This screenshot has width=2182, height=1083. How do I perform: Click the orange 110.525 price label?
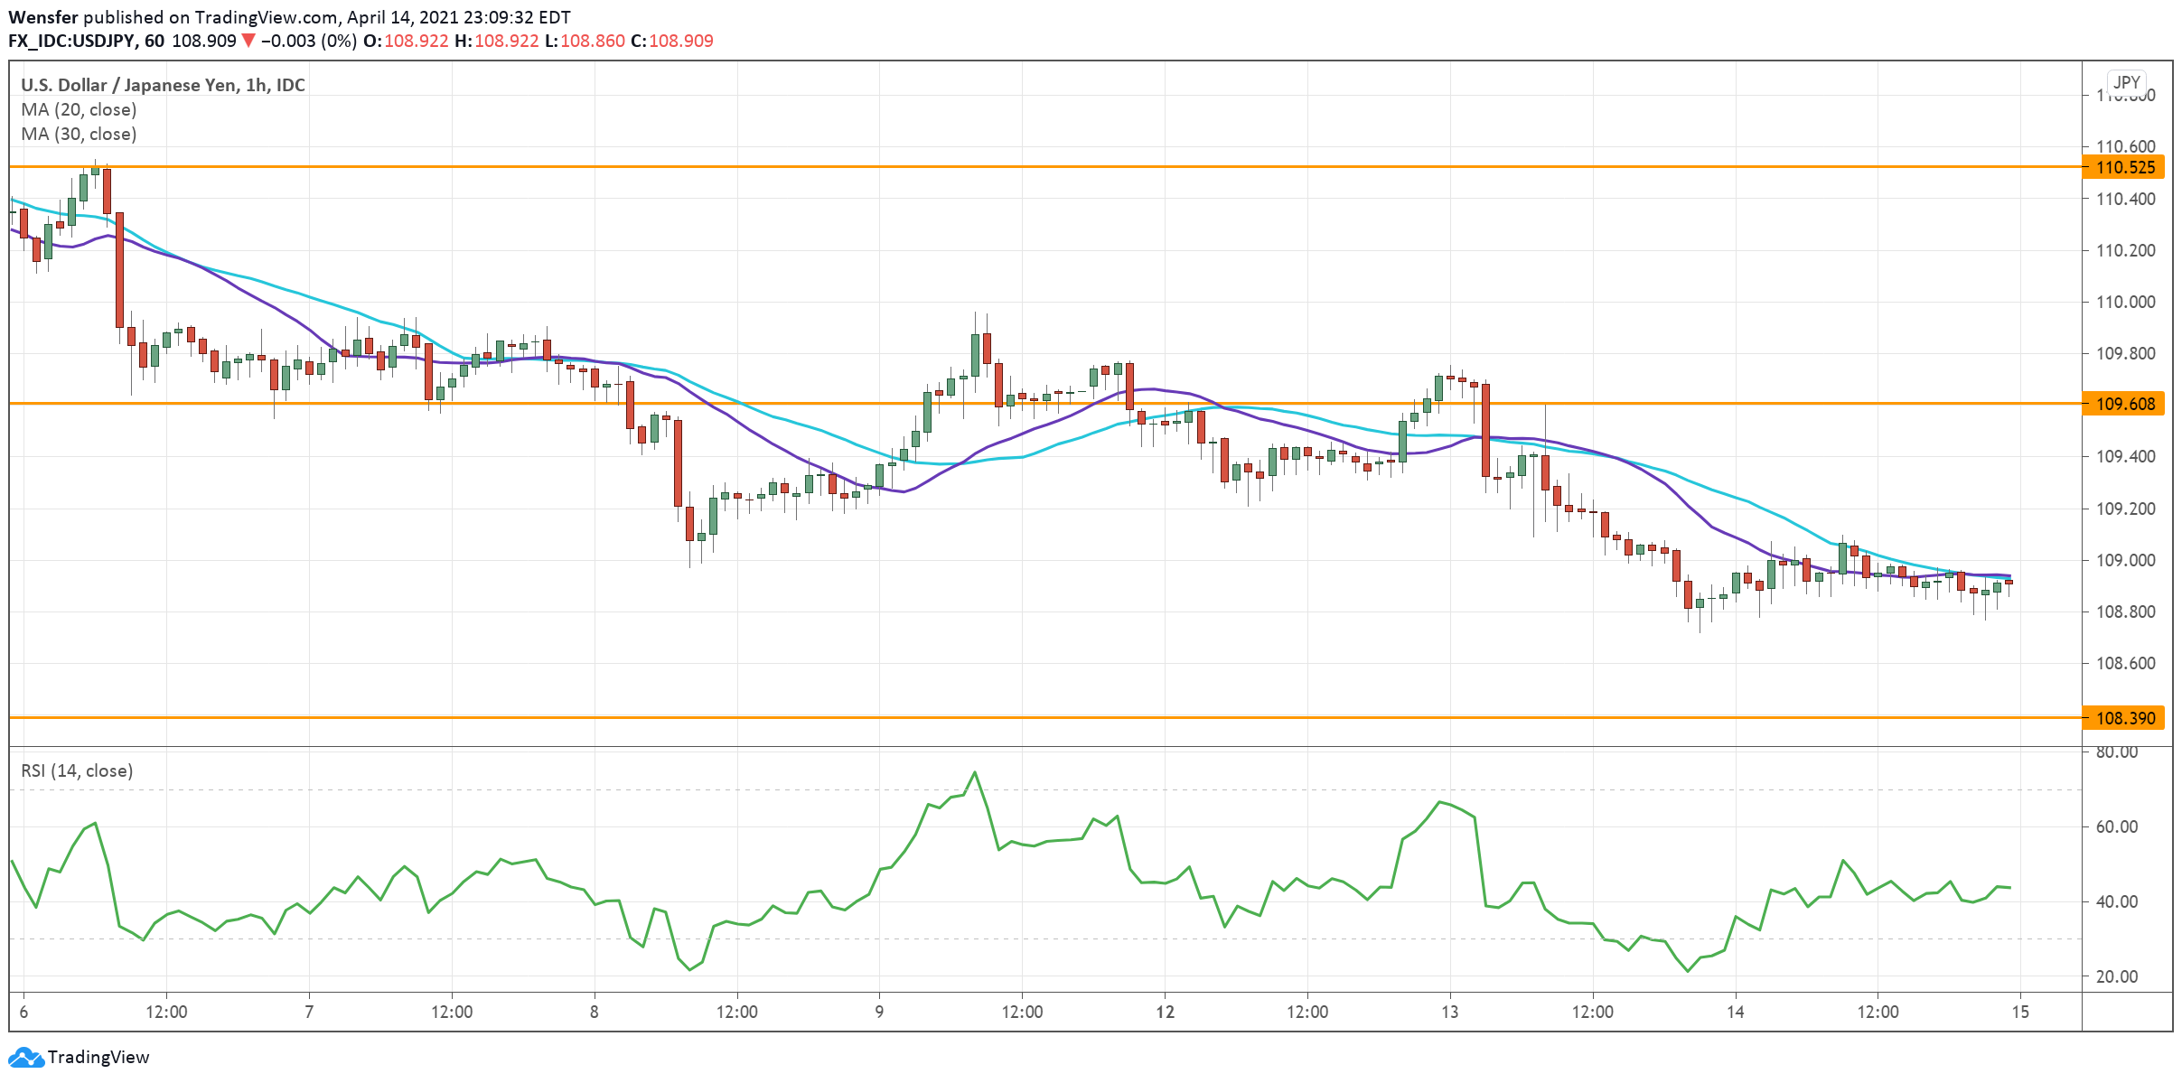(x=2124, y=167)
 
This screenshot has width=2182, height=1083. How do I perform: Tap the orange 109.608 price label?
(x=2124, y=404)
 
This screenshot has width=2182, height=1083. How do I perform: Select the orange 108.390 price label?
(x=2124, y=718)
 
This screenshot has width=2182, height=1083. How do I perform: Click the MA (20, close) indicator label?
(x=79, y=109)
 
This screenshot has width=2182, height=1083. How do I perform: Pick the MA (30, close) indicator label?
(x=79, y=134)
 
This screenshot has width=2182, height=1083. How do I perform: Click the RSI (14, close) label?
(x=77, y=770)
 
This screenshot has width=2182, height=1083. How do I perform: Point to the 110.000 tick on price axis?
(x=2124, y=302)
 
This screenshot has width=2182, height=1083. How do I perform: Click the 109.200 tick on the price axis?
(x=2124, y=509)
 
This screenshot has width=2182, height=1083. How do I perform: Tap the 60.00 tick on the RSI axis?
(x=2116, y=826)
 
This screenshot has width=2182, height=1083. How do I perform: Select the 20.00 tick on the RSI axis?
(x=2116, y=976)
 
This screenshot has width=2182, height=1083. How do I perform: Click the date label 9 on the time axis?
(x=879, y=1012)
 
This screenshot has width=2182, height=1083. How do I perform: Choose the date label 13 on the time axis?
(x=1449, y=1012)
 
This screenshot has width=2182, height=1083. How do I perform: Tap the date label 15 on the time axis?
(x=2020, y=1012)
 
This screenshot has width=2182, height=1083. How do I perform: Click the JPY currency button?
(x=2127, y=82)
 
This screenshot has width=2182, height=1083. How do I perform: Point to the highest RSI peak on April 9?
(x=975, y=772)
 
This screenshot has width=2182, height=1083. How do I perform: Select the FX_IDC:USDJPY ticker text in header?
(x=72, y=41)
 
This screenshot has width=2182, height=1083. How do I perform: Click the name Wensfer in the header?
(x=42, y=17)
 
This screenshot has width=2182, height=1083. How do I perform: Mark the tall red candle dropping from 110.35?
(x=119, y=269)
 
